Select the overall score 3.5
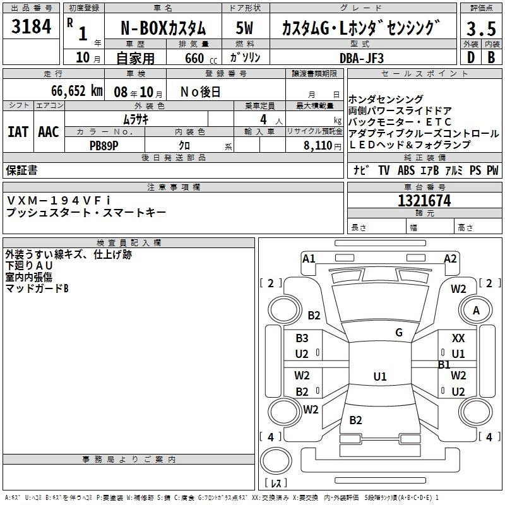[480, 29]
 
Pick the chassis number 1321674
[424, 201]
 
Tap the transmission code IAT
[18, 132]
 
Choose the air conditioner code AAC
[49, 132]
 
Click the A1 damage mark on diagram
[309, 258]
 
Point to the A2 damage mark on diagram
[450, 258]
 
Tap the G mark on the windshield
[398, 333]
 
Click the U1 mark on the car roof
[379, 377]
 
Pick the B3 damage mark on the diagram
[302, 338]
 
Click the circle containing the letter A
[477, 311]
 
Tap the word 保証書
[21, 170]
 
